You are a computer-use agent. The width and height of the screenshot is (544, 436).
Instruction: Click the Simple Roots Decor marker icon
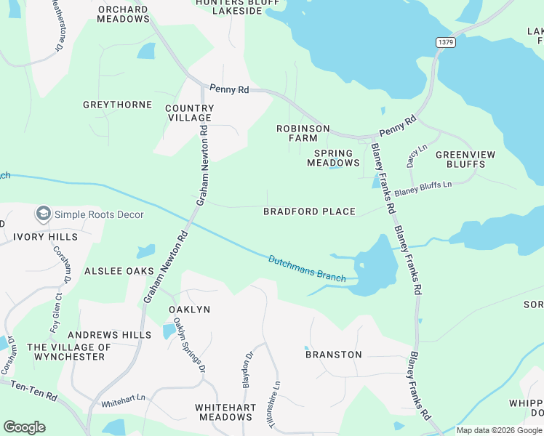click(44, 214)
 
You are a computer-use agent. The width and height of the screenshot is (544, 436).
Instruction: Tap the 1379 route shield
click(446, 43)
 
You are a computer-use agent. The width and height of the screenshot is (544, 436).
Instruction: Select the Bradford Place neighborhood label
click(309, 211)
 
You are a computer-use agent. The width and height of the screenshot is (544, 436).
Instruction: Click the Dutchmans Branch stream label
click(307, 267)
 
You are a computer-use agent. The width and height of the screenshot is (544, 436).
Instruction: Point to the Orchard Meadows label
click(123, 15)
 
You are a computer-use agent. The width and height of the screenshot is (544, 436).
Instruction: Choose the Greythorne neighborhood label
click(117, 105)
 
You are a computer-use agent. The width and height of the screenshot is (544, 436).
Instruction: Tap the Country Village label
click(188, 113)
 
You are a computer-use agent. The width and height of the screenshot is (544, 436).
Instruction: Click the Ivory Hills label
click(45, 237)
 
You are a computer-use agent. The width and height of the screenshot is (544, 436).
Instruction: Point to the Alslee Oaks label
click(119, 271)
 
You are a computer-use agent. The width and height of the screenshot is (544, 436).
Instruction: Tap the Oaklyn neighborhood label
click(189, 310)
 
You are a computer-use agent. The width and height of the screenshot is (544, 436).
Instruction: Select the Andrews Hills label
click(109, 335)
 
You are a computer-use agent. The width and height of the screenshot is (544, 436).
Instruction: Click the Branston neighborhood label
click(333, 355)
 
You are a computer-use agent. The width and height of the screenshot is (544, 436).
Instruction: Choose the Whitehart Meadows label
click(224, 412)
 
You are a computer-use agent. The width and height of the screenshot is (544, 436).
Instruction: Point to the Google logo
click(24, 427)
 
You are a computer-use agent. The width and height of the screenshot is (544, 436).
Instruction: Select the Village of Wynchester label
click(70, 352)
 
